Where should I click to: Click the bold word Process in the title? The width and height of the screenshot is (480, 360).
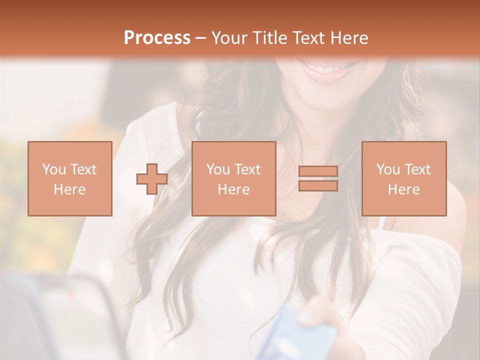[x=157, y=38]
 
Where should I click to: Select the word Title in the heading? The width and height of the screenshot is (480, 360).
[x=269, y=38]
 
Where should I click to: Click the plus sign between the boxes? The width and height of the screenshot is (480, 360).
[x=152, y=178]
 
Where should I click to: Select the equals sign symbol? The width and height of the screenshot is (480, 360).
[x=318, y=178]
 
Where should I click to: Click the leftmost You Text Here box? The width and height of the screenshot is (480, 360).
[x=69, y=178]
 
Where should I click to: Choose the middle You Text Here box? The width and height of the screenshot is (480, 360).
[x=233, y=178]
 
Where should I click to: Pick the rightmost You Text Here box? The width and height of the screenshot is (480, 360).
[x=403, y=178]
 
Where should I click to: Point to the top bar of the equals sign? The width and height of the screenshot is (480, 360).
[x=318, y=171]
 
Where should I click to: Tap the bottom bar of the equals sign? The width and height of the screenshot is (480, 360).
[x=318, y=186]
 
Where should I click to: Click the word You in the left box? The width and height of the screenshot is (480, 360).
[x=53, y=169]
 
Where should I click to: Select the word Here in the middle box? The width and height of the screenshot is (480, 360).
[x=233, y=189]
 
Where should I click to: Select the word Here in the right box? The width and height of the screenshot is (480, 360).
[x=403, y=189]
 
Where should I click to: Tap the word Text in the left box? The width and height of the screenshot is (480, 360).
[x=83, y=169]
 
